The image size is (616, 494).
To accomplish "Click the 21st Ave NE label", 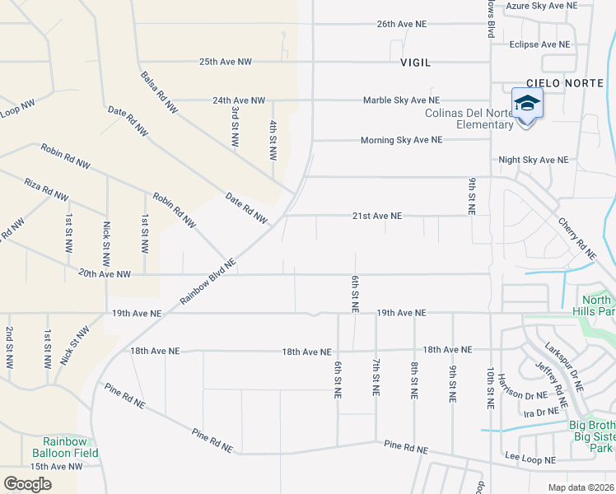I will coord(377,216).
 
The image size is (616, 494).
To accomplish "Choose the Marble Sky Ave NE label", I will coord(402,100).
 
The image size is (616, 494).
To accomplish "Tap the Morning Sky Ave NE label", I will coord(401,141).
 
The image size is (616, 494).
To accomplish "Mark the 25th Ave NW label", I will coord(226,62).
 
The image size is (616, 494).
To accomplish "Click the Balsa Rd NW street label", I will coord(159,91).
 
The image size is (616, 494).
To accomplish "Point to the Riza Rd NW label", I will coord(46,189).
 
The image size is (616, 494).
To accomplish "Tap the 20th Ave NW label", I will coord(105,274).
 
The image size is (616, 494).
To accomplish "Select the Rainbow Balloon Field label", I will coord(65,448).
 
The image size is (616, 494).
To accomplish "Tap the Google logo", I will coord(27,483).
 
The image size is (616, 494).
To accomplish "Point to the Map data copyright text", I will coord(581,487).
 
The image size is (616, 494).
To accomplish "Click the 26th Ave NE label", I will coord(402,25).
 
